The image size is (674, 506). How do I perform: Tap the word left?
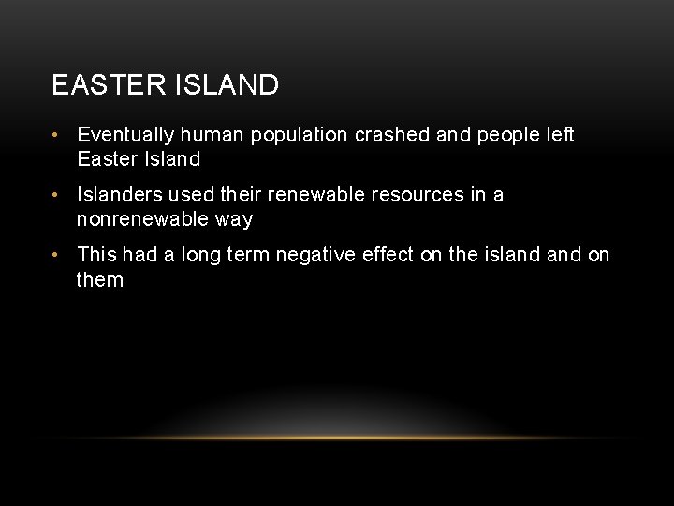coord(561,135)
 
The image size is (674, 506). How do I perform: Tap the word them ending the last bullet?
coord(100,279)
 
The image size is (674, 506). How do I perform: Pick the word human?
coord(212,135)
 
